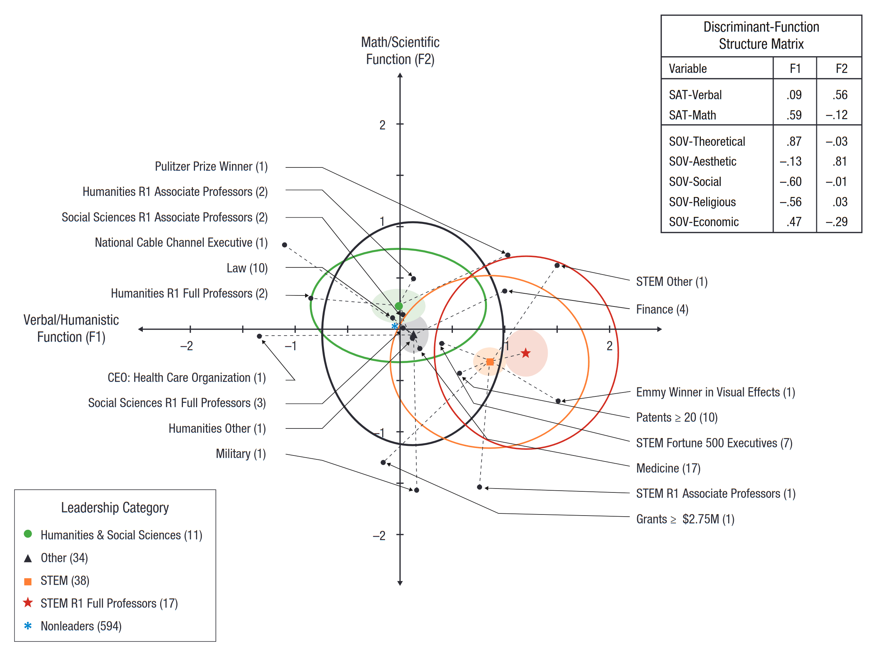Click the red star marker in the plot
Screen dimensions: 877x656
click(x=525, y=353)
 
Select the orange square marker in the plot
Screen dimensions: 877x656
click(x=490, y=362)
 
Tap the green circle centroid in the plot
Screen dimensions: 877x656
click(x=399, y=306)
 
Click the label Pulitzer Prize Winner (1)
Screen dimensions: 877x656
click(x=211, y=167)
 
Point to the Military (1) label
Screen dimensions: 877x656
click(x=241, y=454)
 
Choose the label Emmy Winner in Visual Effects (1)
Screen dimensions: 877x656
click(x=716, y=392)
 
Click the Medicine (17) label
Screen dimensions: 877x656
click(x=668, y=468)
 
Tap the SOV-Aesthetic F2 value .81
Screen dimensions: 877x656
click(x=840, y=161)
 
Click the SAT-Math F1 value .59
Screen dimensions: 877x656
click(x=794, y=115)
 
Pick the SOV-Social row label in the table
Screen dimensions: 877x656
click(x=695, y=182)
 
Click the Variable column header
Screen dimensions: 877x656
click(x=688, y=69)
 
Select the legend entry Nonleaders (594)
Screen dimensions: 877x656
click(x=81, y=626)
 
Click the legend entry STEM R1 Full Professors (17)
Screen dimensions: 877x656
click(x=109, y=603)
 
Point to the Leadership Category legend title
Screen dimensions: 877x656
click(x=115, y=508)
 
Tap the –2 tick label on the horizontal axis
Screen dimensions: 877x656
click(x=187, y=346)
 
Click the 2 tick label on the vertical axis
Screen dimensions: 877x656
click(x=382, y=125)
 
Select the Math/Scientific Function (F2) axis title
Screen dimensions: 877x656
click(x=400, y=51)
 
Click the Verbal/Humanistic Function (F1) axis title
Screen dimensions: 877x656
click(x=71, y=329)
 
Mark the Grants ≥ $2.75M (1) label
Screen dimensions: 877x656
click(x=686, y=519)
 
